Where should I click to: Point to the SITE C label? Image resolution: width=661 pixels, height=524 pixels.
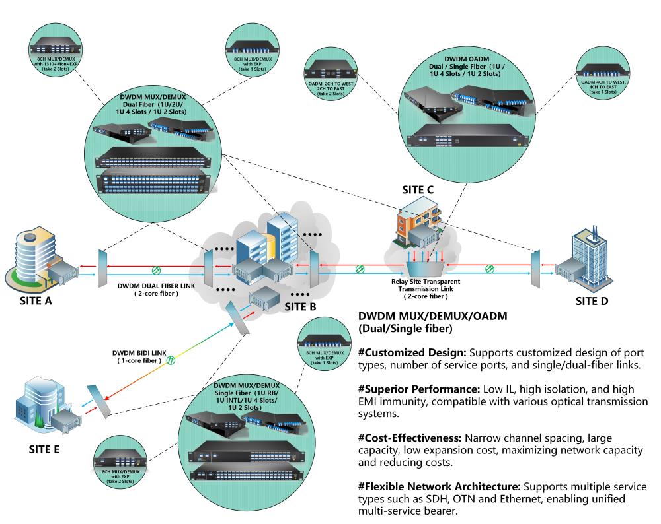click(x=418, y=190)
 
